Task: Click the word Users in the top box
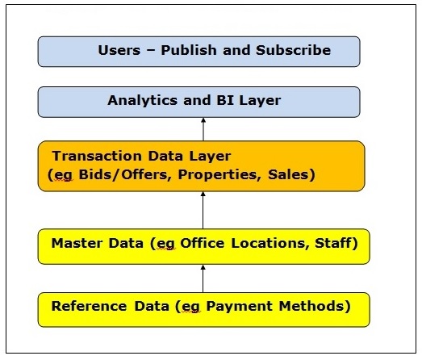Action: point(119,50)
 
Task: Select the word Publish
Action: point(189,50)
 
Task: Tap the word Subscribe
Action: point(293,50)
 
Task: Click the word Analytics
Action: point(143,101)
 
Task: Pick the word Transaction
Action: point(97,156)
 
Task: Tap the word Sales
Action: point(288,174)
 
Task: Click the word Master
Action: point(77,243)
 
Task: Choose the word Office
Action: point(202,243)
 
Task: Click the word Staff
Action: point(333,243)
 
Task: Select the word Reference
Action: point(89,306)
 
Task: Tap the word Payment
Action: point(240,307)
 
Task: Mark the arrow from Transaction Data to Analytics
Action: point(203,129)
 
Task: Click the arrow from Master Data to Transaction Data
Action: point(203,210)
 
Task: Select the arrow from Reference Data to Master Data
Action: point(203,278)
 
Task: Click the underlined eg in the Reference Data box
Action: point(191,308)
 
